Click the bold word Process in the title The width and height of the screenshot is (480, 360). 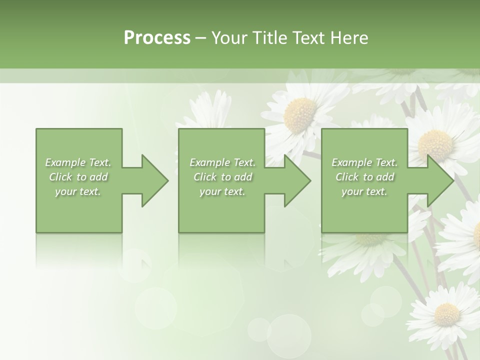[x=157, y=38]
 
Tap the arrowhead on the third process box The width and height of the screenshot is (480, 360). [x=439, y=180]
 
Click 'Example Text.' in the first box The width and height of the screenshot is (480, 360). [x=78, y=162]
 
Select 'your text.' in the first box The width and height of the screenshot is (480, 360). [x=78, y=191]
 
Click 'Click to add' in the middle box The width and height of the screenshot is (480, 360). [x=222, y=177]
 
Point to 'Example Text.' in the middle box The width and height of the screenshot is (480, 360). [x=222, y=162]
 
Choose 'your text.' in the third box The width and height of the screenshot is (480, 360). [x=364, y=191]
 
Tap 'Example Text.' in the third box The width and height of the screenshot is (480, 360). [x=364, y=162]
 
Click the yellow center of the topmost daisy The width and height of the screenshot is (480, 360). [x=300, y=114]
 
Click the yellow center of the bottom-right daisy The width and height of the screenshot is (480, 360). [x=446, y=314]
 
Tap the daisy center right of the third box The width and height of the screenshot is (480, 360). [x=435, y=144]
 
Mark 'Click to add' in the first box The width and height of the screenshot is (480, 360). [x=78, y=177]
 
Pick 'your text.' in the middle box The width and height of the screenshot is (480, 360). [x=222, y=191]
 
